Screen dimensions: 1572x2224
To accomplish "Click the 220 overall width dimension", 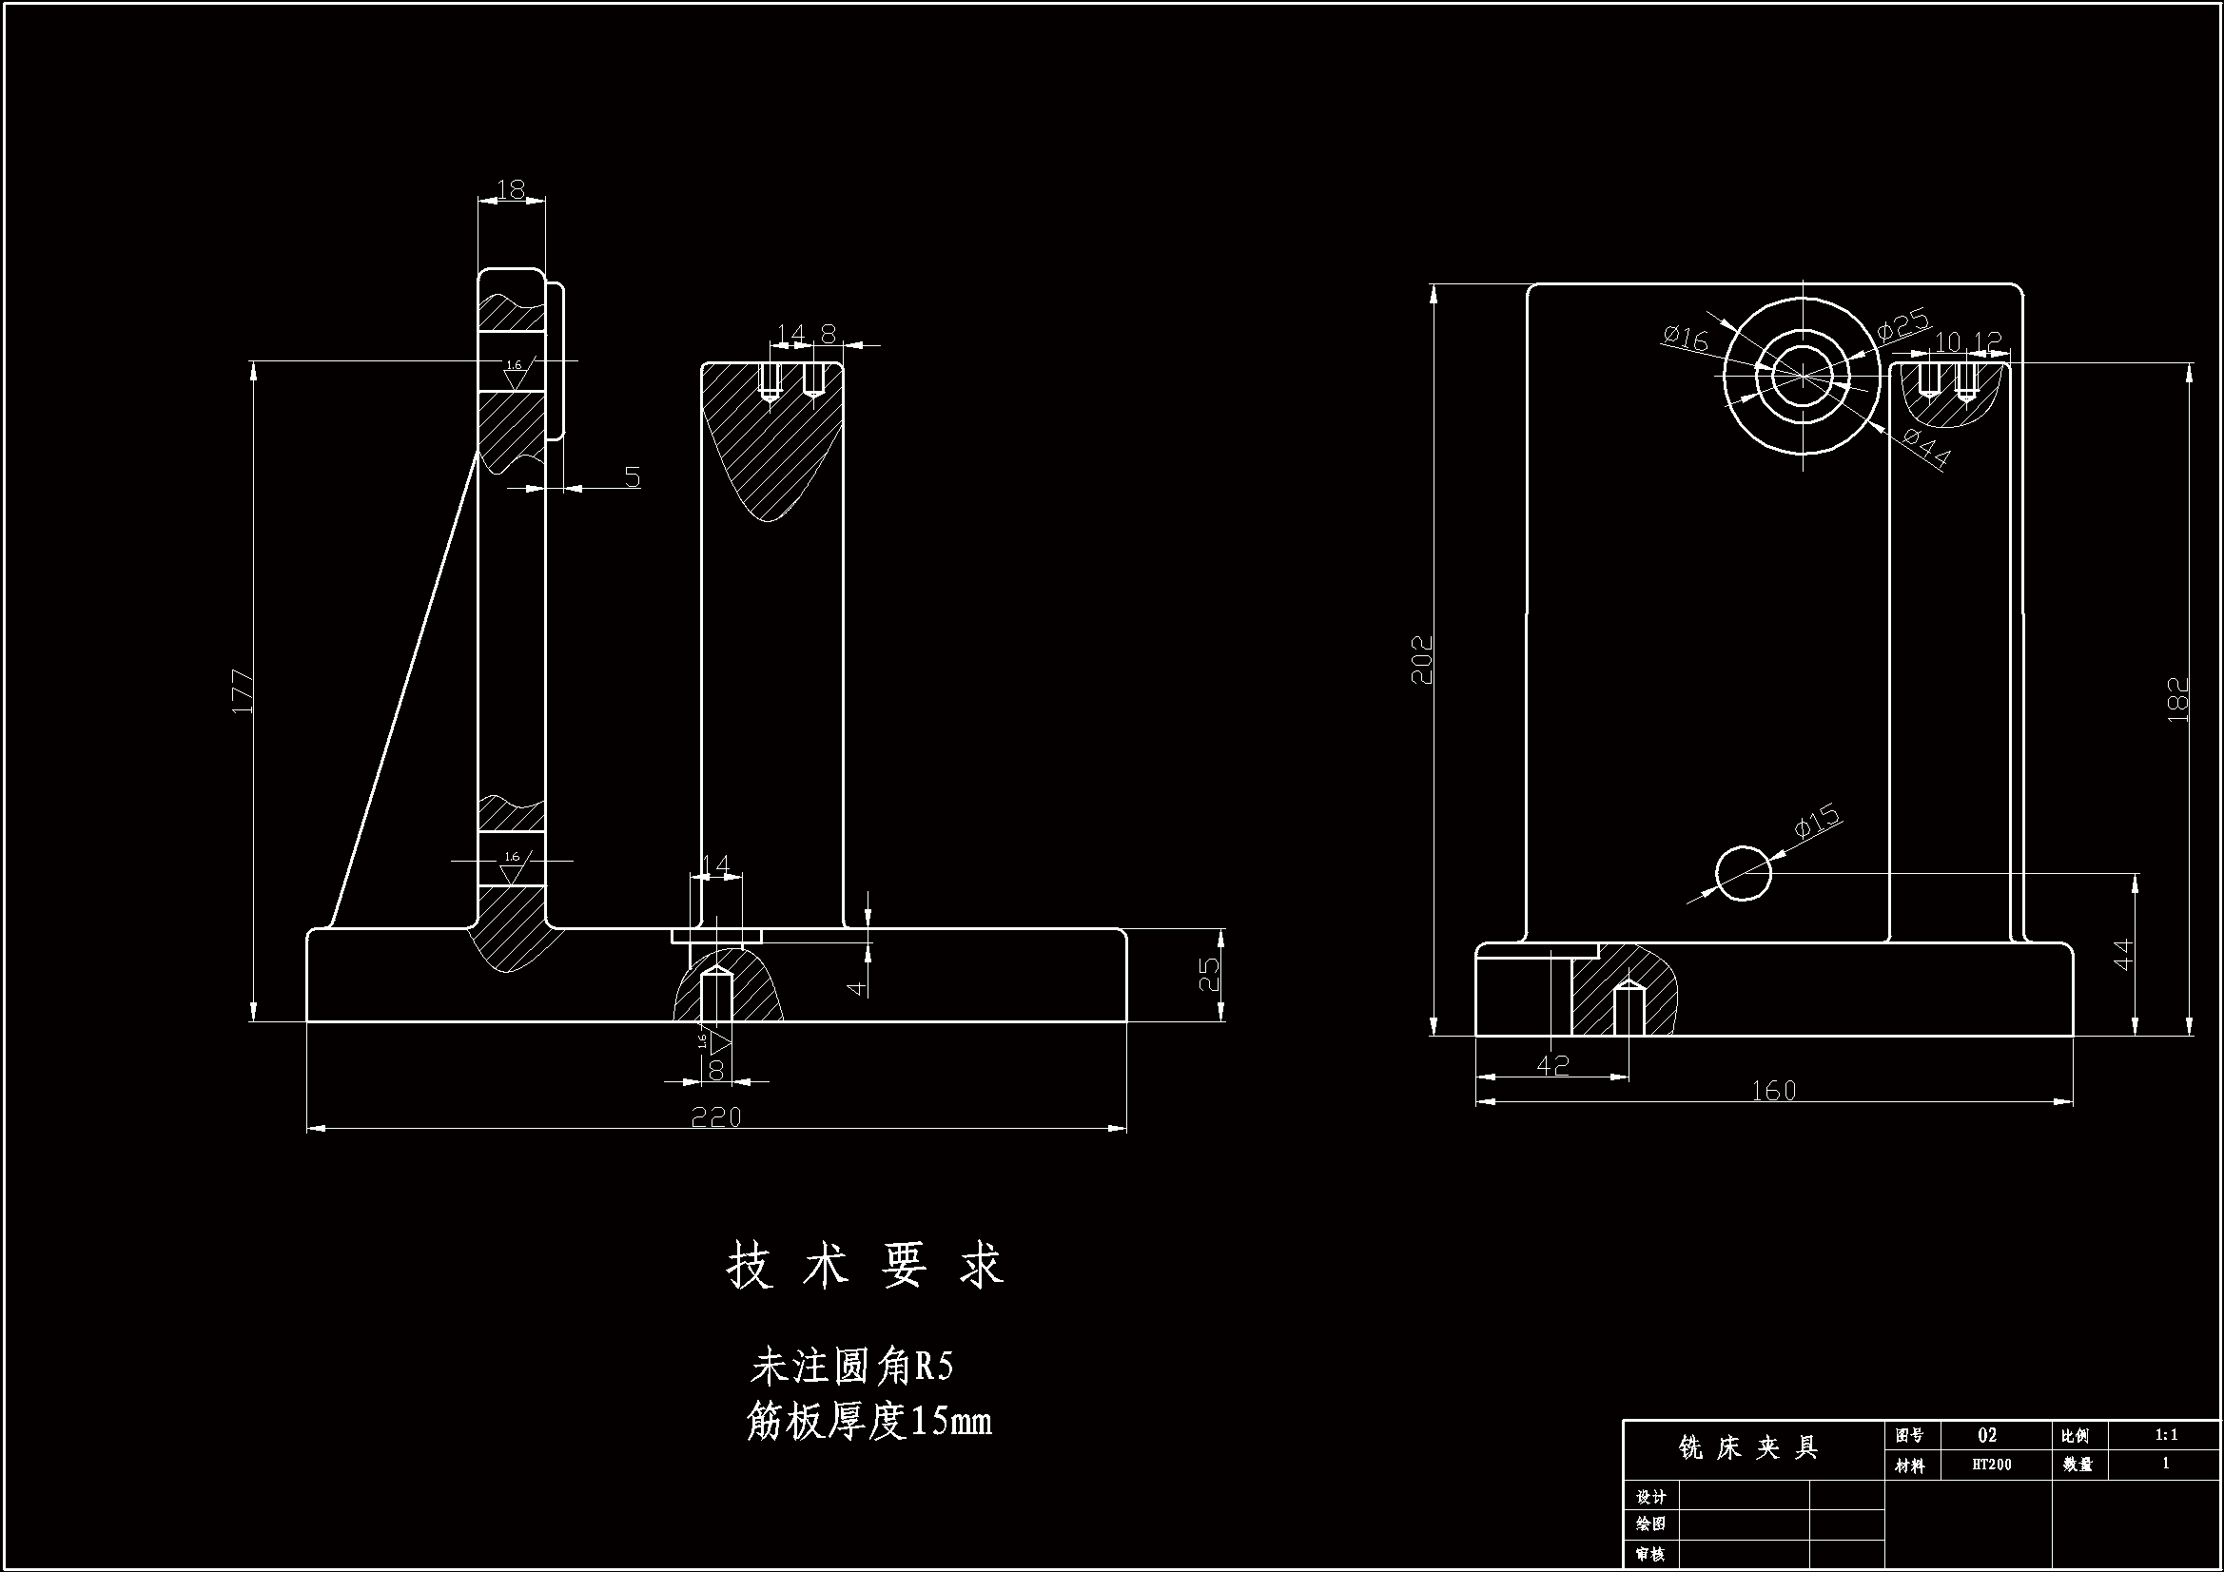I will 716,1117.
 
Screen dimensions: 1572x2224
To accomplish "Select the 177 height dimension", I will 244,691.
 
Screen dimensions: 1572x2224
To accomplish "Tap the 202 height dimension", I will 1422,660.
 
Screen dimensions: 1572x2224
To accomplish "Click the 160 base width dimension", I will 1773,1092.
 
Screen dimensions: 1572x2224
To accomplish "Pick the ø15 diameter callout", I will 1816,821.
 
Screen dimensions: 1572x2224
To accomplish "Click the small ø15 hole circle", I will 1744,873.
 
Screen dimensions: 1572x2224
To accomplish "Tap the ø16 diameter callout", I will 1687,338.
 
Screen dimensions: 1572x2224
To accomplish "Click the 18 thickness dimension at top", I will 511,190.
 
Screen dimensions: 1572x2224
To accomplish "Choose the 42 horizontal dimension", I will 1552,1064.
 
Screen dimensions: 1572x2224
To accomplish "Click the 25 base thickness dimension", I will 1210,976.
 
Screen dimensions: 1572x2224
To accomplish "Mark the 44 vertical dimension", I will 2122,954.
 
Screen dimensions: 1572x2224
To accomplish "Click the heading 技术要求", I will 866,1266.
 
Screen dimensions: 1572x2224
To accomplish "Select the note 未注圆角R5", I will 852,1367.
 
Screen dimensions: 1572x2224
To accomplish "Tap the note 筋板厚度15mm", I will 868,1422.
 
